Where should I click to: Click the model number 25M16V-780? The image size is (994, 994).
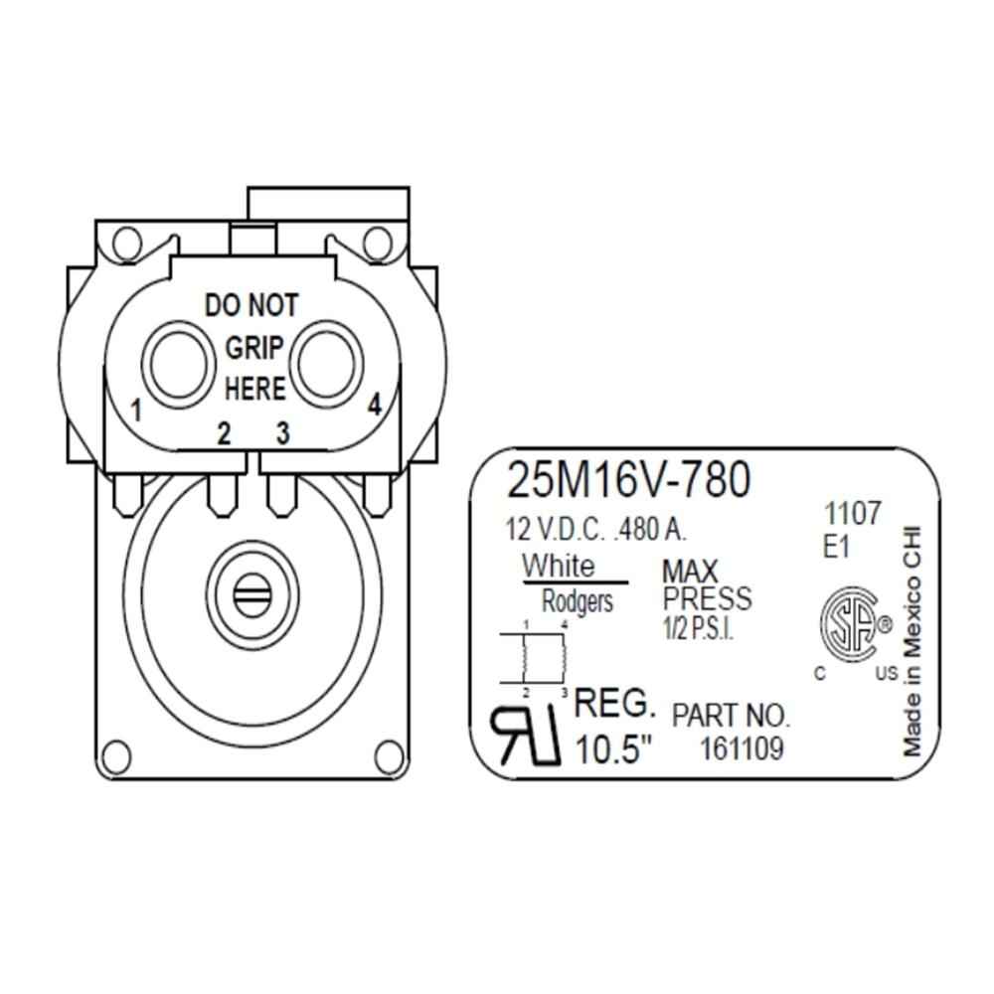(627, 481)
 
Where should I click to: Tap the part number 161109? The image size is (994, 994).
(742, 748)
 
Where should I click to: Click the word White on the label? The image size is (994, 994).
(560, 567)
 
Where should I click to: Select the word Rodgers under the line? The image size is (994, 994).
(578, 600)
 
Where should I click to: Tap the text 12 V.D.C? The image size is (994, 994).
(557, 529)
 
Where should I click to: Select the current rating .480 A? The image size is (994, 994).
(651, 529)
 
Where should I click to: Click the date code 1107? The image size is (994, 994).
(852, 515)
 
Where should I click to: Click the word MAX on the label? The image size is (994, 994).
(690, 572)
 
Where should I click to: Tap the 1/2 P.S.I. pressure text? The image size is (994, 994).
(698, 629)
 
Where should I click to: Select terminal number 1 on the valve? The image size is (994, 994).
(137, 410)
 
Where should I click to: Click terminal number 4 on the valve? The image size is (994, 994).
(375, 405)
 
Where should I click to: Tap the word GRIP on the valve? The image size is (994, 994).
(255, 347)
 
